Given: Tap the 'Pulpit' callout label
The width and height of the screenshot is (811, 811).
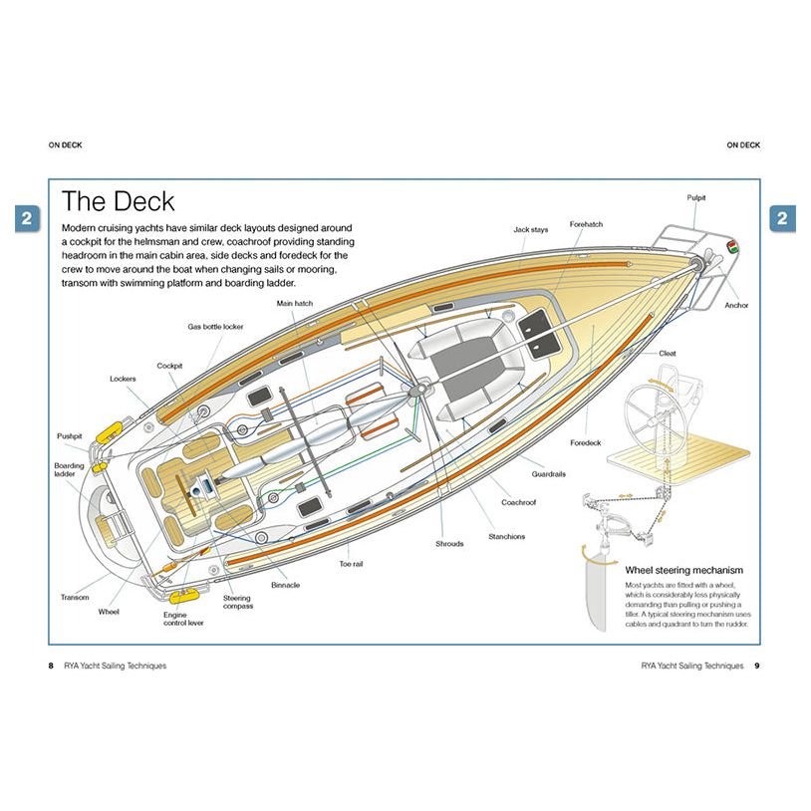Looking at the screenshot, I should [x=696, y=197].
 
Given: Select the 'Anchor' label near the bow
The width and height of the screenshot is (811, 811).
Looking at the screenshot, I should [x=736, y=305].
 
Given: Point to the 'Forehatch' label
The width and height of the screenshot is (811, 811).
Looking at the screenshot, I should [x=586, y=225].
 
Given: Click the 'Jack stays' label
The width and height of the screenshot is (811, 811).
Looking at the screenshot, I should [x=530, y=229].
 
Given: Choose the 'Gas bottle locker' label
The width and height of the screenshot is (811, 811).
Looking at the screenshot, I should [x=214, y=326].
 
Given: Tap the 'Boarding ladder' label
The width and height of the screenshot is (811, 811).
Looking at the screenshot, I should [x=69, y=469].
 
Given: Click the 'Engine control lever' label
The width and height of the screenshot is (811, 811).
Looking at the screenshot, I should [x=182, y=621].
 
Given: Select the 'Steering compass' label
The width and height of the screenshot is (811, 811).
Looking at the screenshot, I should [x=238, y=602].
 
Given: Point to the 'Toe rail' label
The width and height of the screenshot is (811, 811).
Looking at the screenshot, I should [x=351, y=564].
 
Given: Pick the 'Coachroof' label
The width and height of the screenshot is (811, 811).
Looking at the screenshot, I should [x=518, y=503].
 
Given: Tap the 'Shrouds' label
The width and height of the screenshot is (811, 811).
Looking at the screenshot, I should [x=449, y=544].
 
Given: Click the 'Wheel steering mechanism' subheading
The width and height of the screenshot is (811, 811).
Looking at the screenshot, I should [x=683, y=570].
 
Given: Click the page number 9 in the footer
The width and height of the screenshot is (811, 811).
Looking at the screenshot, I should [x=756, y=666].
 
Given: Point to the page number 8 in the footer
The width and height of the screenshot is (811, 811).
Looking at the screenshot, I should [x=51, y=666].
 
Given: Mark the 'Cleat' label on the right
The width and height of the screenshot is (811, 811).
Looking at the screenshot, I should [x=668, y=353].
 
